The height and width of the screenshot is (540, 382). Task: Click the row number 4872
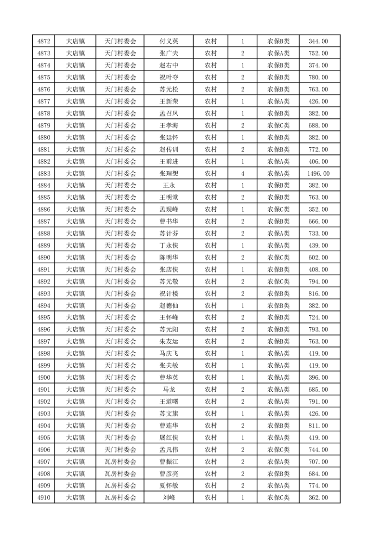pyautogui.click(x=44, y=41)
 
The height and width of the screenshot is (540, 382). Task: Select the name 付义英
pyautogui.click(x=169, y=41)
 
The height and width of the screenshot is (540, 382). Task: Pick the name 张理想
pyautogui.click(x=169, y=173)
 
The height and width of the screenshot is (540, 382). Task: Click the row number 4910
pyautogui.click(x=44, y=498)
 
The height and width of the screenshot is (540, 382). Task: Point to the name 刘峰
pyautogui.click(x=169, y=498)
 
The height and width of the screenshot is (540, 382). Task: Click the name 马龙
pyautogui.click(x=169, y=389)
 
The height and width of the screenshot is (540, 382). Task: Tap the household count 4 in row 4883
pyautogui.click(x=242, y=173)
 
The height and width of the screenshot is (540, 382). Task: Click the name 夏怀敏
pyautogui.click(x=169, y=486)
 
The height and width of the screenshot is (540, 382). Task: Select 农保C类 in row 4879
pyautogui.click(x=278, y=126)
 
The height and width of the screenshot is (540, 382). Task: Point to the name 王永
pyautogui.click(x=169, y=185)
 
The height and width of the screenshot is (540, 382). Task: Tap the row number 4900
pyautogui.click(x=44, y=377)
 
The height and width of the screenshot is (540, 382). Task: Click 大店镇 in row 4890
pyautogui.click(x=75, y=257)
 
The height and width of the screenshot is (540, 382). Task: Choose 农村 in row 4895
pyautogui.click(x=211, y=318)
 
